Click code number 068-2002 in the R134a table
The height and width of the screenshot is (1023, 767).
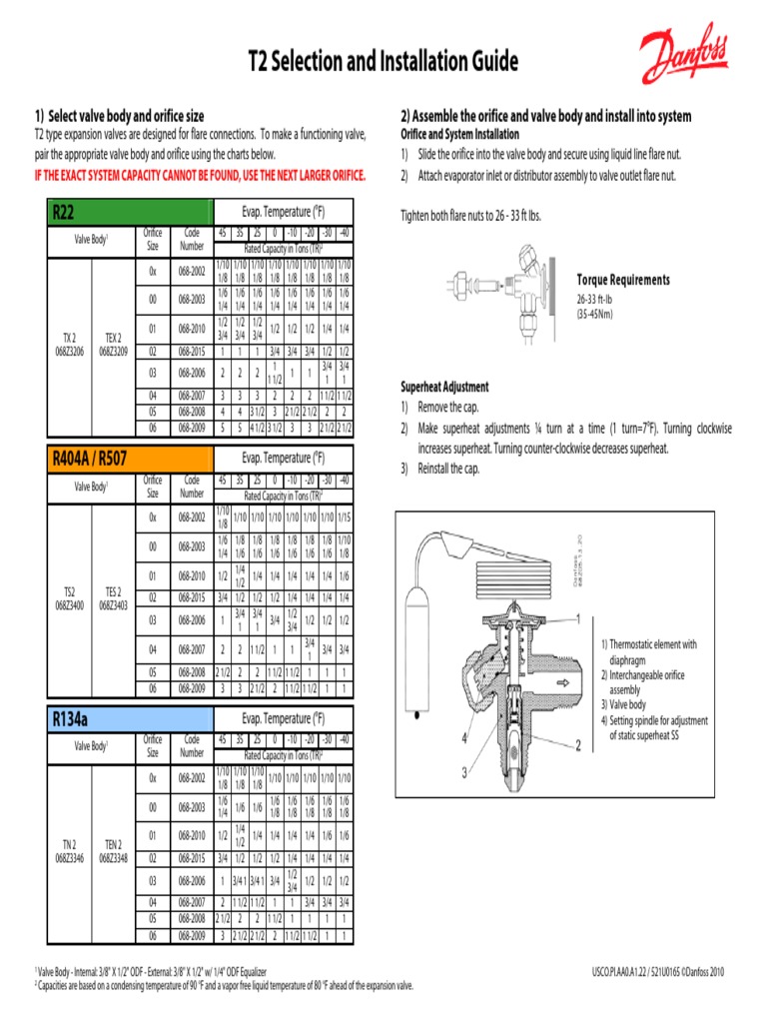pyautogui.click(x=192, y=777)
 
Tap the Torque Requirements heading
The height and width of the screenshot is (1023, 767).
pyautogui.click(x=623, y=280)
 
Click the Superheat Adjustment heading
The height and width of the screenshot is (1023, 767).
pyautogui.click(x=444, y=387)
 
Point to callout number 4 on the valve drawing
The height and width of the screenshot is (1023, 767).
pyautogui.click(x=464, y=737)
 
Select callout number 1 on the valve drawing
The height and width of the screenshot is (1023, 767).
pyautogui.click(x=577, y=619)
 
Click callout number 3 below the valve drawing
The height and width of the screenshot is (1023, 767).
pyautogui.click(x=464, y=772)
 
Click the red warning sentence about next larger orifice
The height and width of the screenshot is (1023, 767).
pyautogui.click(x=200, y=177)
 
